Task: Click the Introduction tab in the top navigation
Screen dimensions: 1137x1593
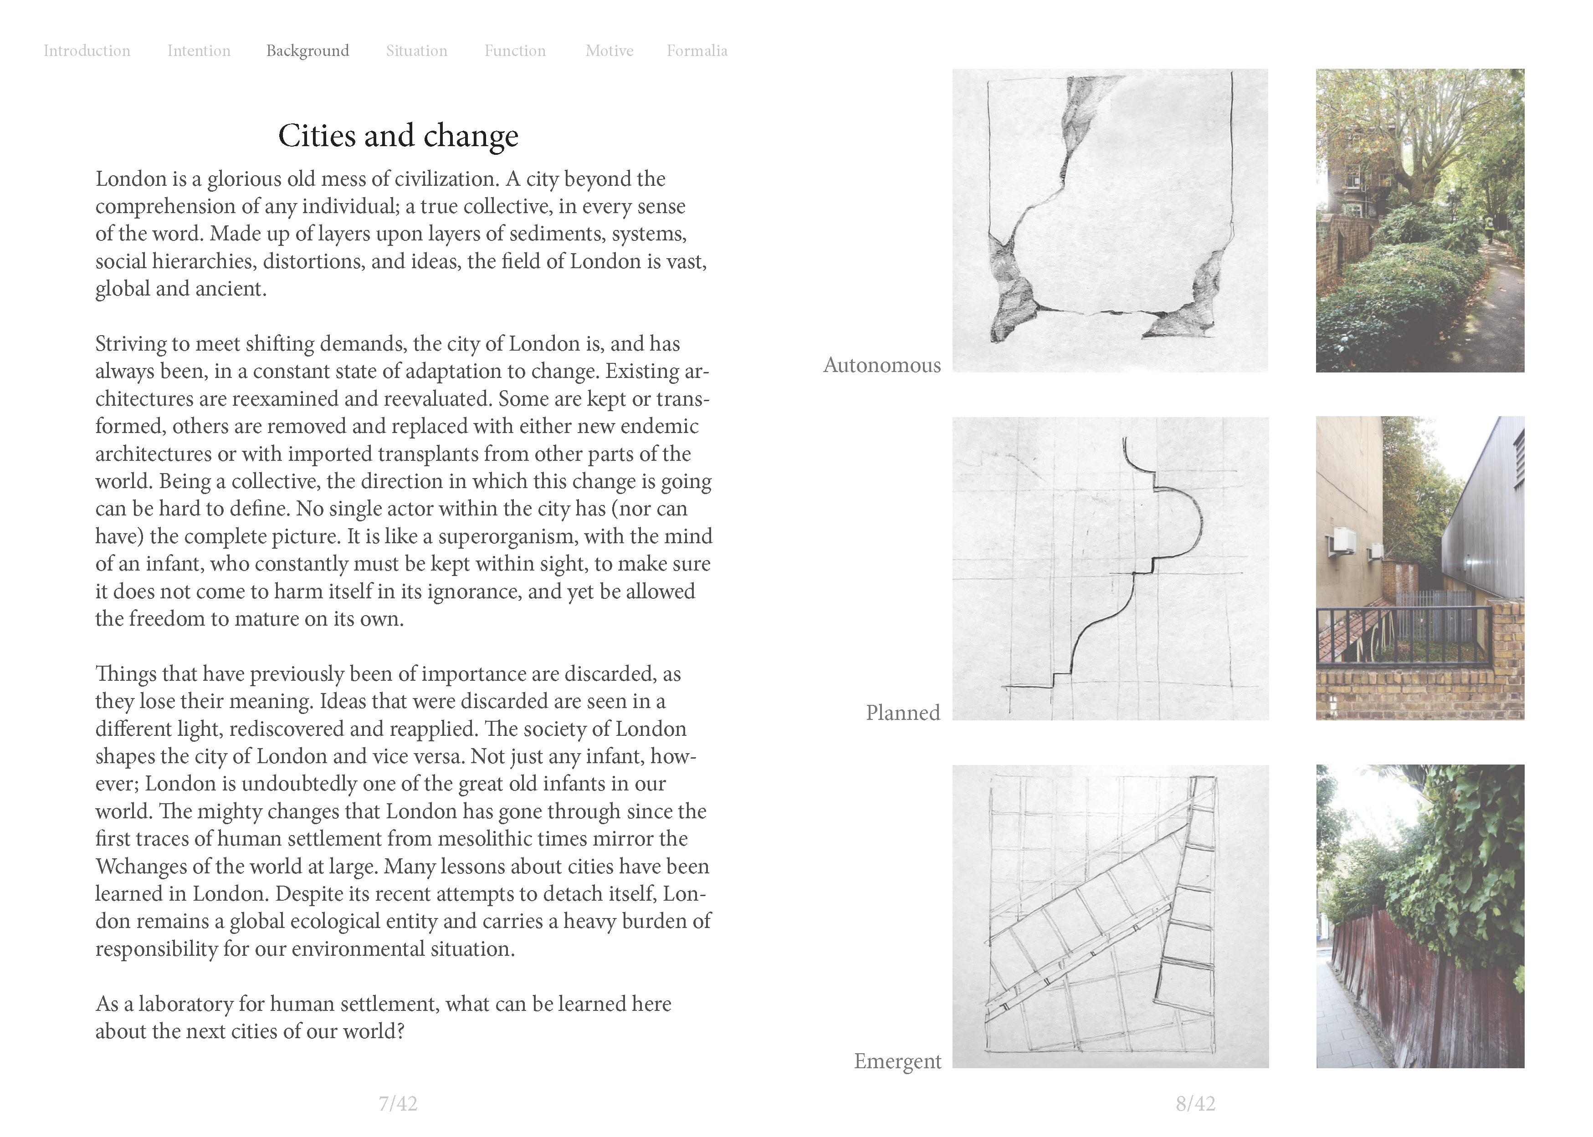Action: [87, 51]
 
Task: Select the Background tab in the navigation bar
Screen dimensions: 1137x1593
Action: [307, 51]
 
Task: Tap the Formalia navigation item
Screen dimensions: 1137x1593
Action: [697, 51]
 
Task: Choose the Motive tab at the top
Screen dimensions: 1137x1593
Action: [609, 51]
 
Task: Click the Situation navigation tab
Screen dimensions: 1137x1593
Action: [417, 51]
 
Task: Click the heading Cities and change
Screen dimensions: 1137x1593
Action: [398, 136]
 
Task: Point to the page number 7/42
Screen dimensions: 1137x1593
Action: [398, 1104]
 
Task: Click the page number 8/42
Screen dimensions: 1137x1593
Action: [1195, 1104]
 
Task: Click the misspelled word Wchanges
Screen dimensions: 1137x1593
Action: [141, 867]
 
